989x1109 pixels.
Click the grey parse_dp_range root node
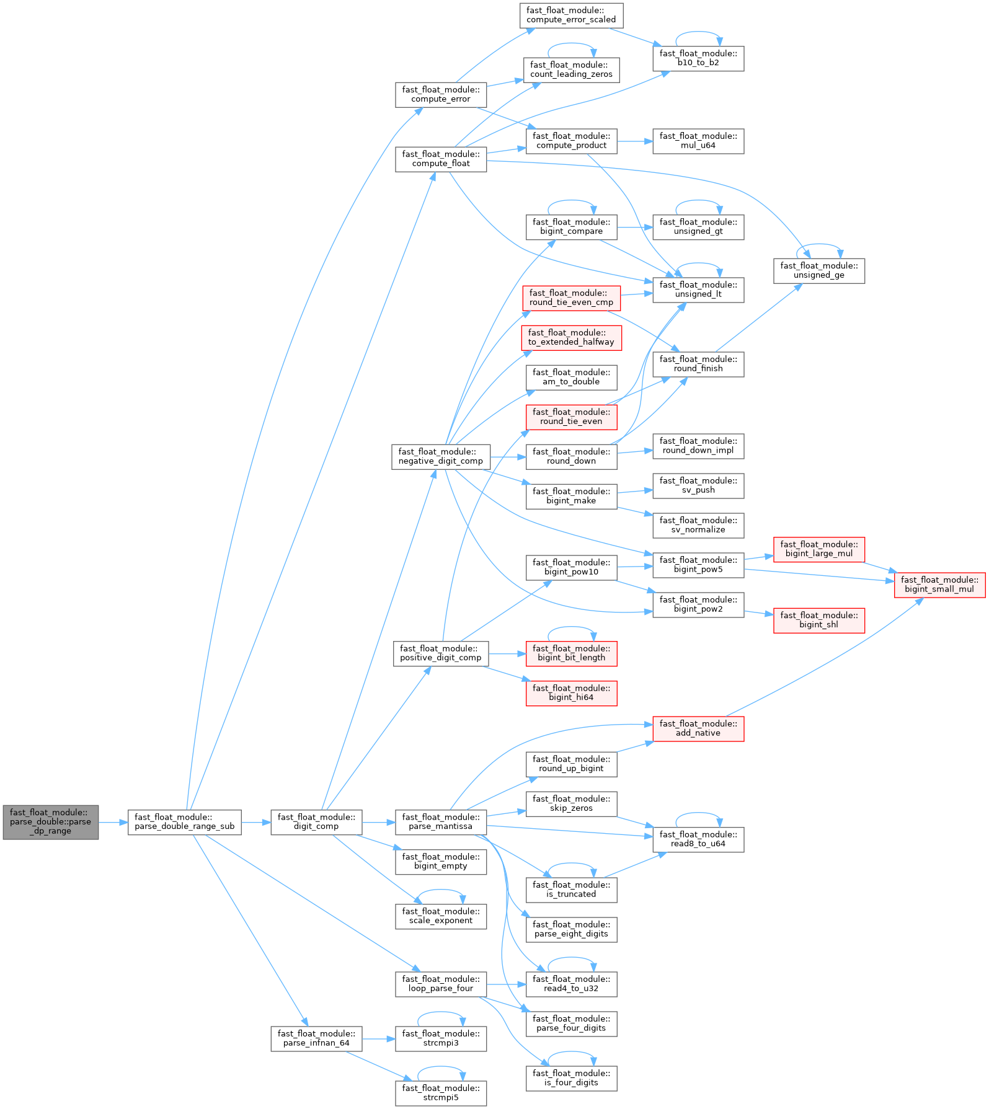(x=50, y=822)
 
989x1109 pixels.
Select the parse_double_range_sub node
(x=184, y=822)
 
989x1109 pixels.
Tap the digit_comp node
(x=316, y=822)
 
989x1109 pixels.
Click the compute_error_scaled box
(x=571, y=15)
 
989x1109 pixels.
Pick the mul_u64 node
(x=698, y=141)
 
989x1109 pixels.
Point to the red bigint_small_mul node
(x=939, y=585)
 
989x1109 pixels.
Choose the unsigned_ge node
(x=818, y=270)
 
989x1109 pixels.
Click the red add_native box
(x=698, y=728)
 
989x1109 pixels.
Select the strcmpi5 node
(x=441, y=1093)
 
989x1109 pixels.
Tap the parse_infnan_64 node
(x=316, y=1038)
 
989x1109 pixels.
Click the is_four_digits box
(x=571, y=1078)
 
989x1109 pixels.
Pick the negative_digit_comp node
(x=441, y=456)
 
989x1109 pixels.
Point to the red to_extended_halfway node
(x=571, y=337)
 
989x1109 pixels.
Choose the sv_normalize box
(x=698, y=525)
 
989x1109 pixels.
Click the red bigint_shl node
(x=818, y=620)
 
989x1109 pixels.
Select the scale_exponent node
(x=441, y=916)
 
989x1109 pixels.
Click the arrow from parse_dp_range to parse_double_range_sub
(x=113, y=822)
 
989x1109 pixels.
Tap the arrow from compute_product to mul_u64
(x=634, y=141)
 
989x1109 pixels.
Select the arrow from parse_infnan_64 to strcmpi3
(x=378, y=1038)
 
